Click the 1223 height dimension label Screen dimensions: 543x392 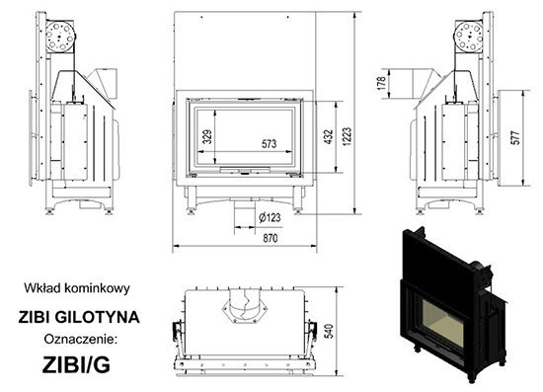(348, 136)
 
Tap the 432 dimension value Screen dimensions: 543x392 (329, 136)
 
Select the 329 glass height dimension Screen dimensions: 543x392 (207, 137)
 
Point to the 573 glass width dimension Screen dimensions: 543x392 (270, 143)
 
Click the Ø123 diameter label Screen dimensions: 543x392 (270, 217)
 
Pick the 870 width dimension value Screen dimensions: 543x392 (271, 238)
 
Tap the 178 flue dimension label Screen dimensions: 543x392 (381, 84)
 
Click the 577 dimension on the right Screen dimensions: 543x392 (515, 137)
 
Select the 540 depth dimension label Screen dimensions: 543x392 (330, 331)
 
